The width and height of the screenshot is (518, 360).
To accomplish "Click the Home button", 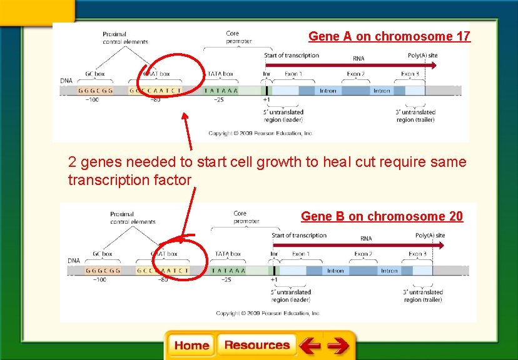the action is (x=191, y=346).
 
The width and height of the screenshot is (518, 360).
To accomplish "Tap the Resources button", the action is (x=257, y=345).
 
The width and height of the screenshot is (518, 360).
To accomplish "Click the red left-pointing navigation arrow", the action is (x=309, y=346).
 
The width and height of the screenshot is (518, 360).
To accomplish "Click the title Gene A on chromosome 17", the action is (x=389, y=36).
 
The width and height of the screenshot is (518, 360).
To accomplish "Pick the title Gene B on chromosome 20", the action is (x=382, y=216).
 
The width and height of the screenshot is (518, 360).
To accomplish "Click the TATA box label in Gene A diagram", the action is (x=220, y=74).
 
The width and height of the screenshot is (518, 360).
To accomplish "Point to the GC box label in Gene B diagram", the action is (x=103, y=254).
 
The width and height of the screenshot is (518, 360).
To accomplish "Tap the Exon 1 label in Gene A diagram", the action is (x=293, y=74).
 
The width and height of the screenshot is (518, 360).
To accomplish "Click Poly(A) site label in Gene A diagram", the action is (x=423, y=56).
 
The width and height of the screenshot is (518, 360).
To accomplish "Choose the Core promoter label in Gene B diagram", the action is (x=246, y=217).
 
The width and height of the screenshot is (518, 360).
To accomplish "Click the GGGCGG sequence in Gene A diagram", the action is (x=96, y=91).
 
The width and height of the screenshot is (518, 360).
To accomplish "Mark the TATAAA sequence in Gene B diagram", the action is (x=228, y=271).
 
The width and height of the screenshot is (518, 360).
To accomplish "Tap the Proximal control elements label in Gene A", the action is (x=125, y=38).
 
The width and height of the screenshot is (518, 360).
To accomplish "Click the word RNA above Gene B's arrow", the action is (x=366, y=239).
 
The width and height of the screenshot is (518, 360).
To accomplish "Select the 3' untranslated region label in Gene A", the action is (x=415, y=116).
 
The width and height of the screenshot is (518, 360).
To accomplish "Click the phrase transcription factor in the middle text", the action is (x=129, y=180).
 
